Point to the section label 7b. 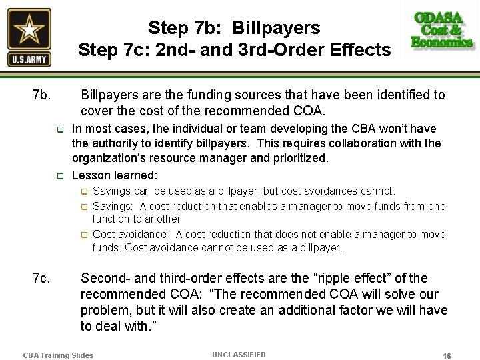pyautogui.click(x=41, y=95)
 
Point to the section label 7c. pyautogui.click(x=41, y=278)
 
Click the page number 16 pyautogui.click(x=447, y=355)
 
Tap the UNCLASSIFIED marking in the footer pyautogui.click(x=239, y=355)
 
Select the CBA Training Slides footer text pyautogui.click(x=58, y=355)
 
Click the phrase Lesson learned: pyautogui.click(x=115, y=175)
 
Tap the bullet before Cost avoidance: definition pyautogui.click(x=85, y=235)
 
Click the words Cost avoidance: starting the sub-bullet pyautogui.click(x=132, y=234)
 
